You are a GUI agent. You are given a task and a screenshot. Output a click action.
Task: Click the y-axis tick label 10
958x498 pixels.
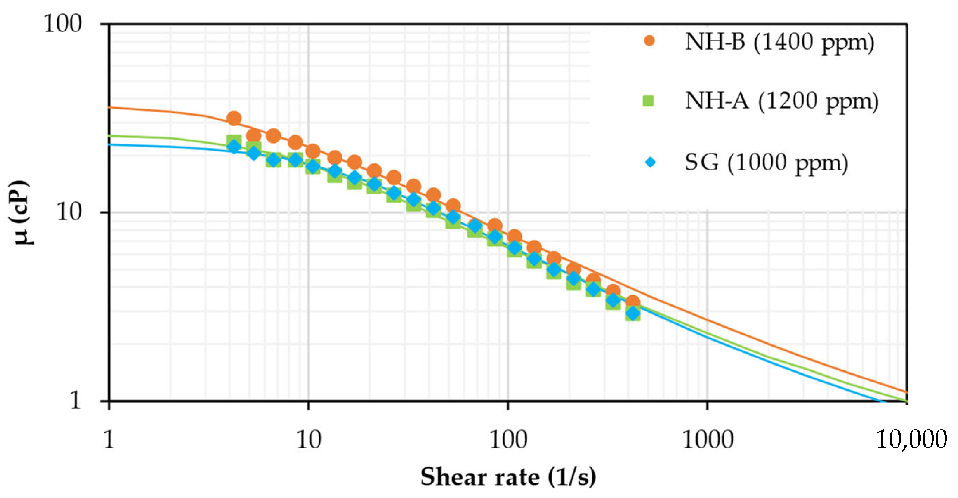(69, 212)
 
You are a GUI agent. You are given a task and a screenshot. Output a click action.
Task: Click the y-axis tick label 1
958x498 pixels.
(75, 400)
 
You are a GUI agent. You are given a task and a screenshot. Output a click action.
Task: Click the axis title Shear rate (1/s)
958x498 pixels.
(508, 477)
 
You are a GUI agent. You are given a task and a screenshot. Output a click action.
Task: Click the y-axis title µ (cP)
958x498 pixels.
(21, 212)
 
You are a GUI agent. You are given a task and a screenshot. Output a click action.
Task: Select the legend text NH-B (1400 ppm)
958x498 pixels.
(779, 42)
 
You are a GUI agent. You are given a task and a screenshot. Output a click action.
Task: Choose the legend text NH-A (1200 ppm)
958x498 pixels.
(781, 101)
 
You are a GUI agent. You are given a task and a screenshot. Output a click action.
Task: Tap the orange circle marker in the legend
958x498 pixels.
(649, 41)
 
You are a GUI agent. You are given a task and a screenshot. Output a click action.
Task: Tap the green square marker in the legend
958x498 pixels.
(648, 100)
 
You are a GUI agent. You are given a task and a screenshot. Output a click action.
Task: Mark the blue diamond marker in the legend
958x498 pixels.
(650, 162)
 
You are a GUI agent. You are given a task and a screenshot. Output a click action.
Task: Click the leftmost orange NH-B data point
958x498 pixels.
(234, 118)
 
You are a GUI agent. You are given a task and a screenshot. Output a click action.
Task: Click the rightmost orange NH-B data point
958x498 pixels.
(633, 302)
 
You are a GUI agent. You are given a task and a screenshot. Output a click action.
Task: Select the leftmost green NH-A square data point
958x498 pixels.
(234, 141)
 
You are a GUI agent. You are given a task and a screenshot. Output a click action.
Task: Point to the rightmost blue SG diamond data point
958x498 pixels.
(633, 314)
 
